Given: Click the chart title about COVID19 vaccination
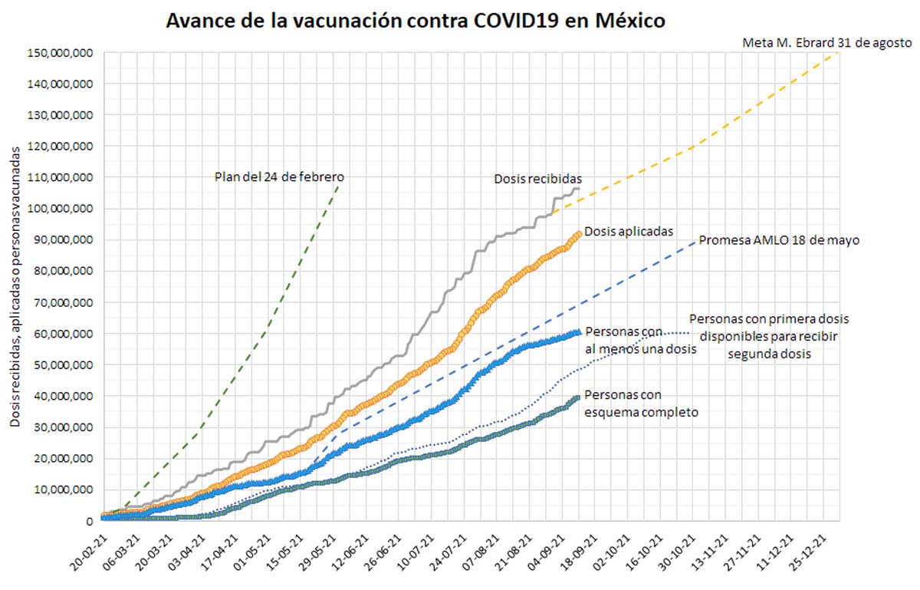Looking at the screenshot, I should click(416, 21).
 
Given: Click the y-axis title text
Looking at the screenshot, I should click(15, 285).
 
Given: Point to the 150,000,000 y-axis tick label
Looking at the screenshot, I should click(60, 52).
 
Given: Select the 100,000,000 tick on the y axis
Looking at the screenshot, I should click(60, 209).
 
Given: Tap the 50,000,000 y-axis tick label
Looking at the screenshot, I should click(63, 365).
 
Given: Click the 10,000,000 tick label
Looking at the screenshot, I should click(63, 490).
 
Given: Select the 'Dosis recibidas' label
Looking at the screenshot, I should click(538, 180).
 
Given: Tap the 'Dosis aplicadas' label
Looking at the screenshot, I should click(629, 230).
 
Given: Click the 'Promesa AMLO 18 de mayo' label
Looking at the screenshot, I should click(778, 240).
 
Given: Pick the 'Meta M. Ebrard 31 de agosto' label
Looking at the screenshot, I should click(826, 43).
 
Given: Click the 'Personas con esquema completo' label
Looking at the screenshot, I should click(641, 404).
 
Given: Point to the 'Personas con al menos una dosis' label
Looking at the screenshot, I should click(640, 341).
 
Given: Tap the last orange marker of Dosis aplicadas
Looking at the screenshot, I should click(578, 233).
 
